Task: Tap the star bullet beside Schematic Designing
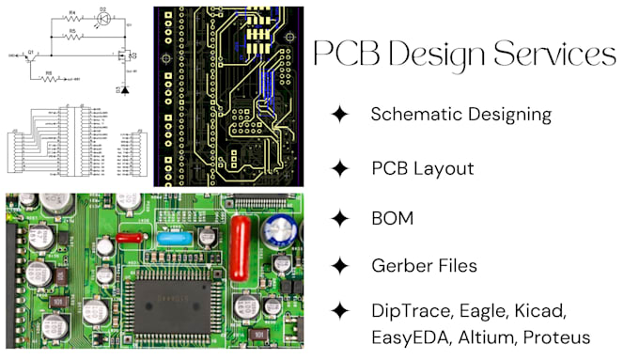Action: (339, 115)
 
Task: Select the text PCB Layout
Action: (422, 168)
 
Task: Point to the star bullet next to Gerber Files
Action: (339, 266)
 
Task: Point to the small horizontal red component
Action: (132, 238)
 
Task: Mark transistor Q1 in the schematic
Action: (33, 57)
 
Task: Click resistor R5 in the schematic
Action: (72, 36)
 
